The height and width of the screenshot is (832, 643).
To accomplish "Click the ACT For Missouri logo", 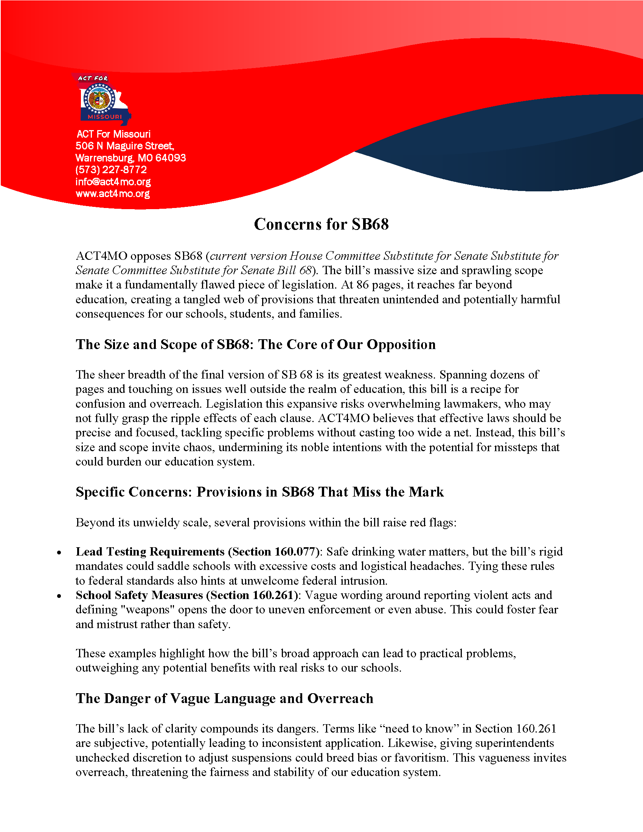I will click(x=102, y=99).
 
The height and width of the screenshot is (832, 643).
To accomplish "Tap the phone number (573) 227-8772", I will click(x=111, y=169).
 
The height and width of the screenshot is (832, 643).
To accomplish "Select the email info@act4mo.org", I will click(x=113, y=182).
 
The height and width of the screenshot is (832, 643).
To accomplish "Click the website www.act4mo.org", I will click(x=112, y=194).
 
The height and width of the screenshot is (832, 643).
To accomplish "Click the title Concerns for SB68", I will click(x=321, y=224).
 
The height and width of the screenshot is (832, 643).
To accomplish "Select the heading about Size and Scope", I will click(x=255, y=345).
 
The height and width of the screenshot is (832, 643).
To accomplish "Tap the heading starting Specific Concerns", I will click(x=259, y=492).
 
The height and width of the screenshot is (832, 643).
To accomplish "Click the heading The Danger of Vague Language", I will click(x=224, y=698).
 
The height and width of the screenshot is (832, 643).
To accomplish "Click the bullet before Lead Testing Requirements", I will click(x=59, y=553).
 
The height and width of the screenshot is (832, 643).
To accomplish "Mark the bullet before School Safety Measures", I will click(x=59, y=596).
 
